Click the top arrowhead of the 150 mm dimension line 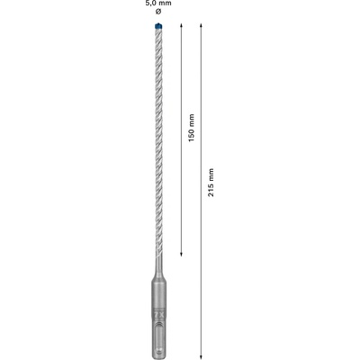coord(182,31)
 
